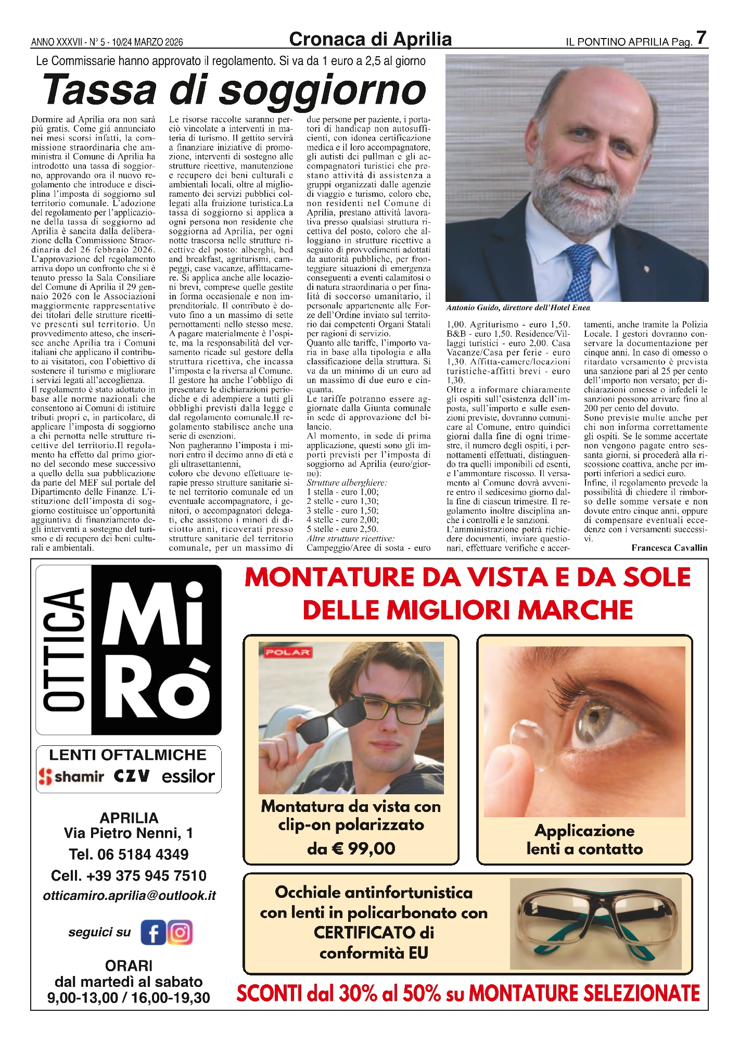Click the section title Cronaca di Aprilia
click(x=370, y=39)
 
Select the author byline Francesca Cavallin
click(x=669, y=548)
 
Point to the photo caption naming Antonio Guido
click(x=518, y=308)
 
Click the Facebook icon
click(x=153, y=932)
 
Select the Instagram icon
click(x=180, y=932)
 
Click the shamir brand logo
click(x=72, y=777)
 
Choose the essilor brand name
click(x=188, y=777)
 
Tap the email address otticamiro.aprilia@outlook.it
click(x=129, y=895)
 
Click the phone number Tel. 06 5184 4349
click(x=129, y=854)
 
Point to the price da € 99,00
click(x=351, y=848)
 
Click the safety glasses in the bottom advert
click(x=595, y=924)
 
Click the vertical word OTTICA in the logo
click(x=64, y=650)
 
